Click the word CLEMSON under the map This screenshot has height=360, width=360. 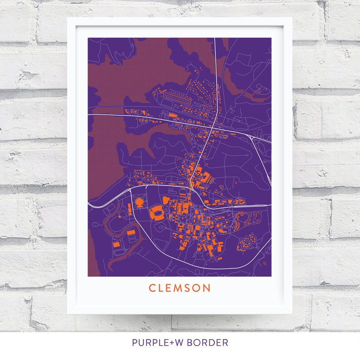point(180,288)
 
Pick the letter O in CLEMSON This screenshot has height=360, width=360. point(198,288)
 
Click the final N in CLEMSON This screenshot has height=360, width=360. point(207,288)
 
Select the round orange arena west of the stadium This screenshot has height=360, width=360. point(140,201)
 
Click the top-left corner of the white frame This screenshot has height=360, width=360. point(68,18)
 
